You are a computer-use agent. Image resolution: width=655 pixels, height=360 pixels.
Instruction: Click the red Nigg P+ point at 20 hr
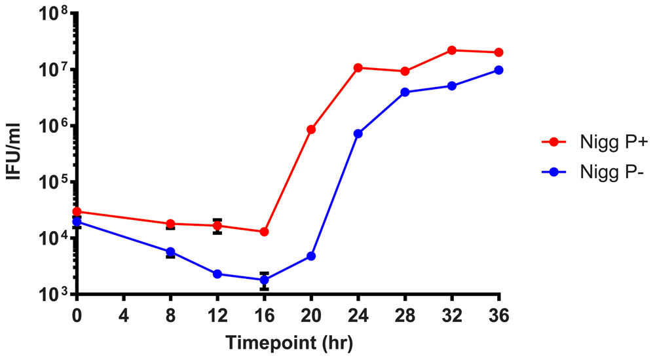(311, 130)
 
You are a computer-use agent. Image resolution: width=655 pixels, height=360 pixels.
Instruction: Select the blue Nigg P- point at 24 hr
(358, 134)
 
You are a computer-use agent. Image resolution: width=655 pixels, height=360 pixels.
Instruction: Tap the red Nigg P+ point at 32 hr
(452, 50)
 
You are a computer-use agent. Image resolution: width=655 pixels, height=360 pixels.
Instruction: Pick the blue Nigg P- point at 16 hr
(264, 280)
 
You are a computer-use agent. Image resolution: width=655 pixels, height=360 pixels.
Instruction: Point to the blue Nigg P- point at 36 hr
(498, 70)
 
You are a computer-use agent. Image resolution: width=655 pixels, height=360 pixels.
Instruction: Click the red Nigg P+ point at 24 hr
(358, 67)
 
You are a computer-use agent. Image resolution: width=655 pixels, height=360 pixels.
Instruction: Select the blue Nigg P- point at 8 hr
(170, 252)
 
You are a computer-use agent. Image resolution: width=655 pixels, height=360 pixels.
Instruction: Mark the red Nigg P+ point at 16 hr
(264, 232)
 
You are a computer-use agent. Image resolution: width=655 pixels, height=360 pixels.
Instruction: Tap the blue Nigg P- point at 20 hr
(311, 256)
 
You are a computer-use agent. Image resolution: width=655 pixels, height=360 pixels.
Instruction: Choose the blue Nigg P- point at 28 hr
(405, 92)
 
